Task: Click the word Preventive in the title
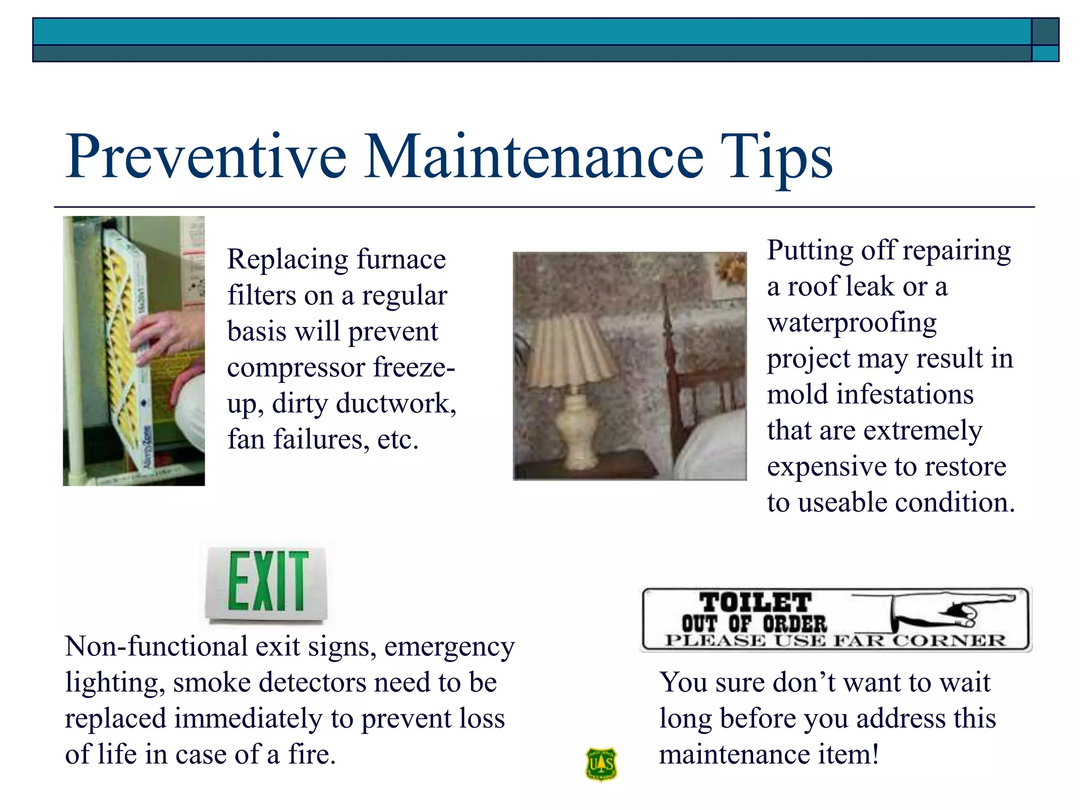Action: pos(206,157)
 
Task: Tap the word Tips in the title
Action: pos(775,157)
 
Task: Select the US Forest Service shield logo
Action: pos(601,764)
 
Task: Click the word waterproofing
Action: pos(852,323)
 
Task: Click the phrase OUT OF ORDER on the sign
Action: pos(754,624)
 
